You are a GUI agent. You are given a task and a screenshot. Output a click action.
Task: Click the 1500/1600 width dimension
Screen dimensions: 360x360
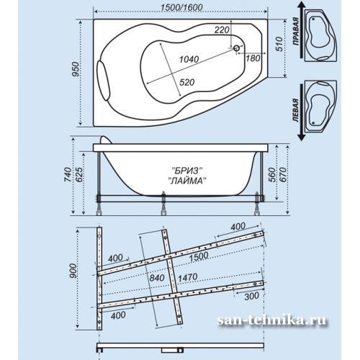(x=181, y=7)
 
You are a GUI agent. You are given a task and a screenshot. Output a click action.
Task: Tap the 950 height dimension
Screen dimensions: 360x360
(x=76, y=69)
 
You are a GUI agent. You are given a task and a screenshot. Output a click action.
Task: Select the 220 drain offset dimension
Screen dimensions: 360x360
(x=222, y=30)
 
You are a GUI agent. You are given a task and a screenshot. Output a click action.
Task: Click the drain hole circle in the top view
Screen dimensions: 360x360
(x=236, y=48)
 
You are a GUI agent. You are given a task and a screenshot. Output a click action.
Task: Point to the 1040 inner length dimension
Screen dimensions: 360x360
(x=189, y=59)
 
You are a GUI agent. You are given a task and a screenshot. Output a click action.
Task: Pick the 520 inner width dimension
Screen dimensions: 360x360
(x=187, y=82)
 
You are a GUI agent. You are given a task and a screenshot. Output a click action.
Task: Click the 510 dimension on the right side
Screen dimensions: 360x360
(x=279, y=44)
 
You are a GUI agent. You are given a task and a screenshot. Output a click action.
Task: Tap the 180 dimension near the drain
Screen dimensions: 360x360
(x=253, y=58)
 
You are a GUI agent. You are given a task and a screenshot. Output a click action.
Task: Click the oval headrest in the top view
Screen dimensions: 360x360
(x=103, y=81)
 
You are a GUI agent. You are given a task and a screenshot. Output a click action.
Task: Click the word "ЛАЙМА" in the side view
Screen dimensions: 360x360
(x=187, y=181)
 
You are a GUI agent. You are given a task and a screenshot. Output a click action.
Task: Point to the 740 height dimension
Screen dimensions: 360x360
(x=68, y=175)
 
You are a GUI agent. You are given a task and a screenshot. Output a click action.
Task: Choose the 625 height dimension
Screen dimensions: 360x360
(x=79, y=175)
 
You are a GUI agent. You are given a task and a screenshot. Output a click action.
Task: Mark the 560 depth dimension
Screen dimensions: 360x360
(x=271, y=175)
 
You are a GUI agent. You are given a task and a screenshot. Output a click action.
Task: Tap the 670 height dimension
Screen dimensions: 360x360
(x=283, y=175)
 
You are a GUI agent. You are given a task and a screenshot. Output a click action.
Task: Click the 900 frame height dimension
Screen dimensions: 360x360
(x=73, y=271)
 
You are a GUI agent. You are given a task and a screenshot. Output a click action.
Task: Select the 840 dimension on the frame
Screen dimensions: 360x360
(x=157, y=278)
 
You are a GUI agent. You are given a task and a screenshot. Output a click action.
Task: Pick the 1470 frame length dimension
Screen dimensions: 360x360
(x=188, y=277)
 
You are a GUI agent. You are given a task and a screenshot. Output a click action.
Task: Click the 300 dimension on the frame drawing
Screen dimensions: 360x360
(x=252, y=296)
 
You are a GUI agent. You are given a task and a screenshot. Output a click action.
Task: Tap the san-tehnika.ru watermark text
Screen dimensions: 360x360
(x=272, y=320)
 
